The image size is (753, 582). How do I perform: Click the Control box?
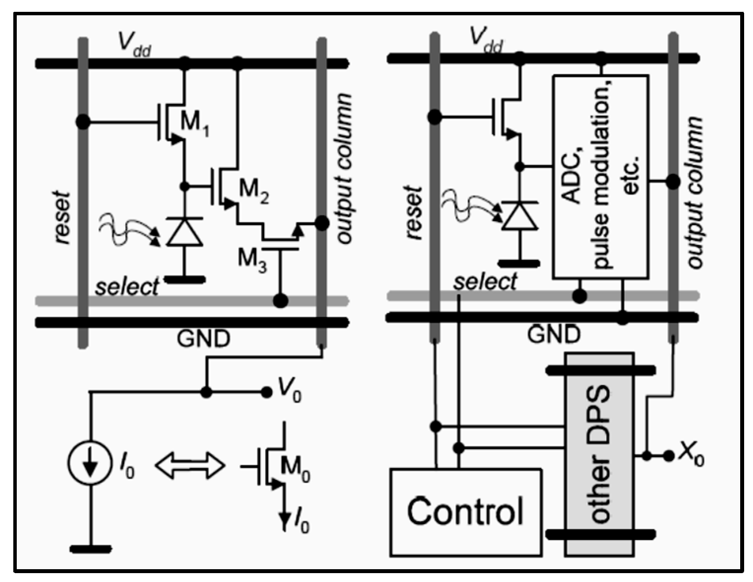tap(465, 512)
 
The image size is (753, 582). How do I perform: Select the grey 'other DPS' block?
tap(599, 454)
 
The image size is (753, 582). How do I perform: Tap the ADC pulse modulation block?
tap(600, 177)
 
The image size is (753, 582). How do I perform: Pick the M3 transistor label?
tap(252, 258)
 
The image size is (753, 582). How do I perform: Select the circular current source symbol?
tap(89, 464)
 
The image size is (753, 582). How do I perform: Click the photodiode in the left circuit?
tap(184, 232)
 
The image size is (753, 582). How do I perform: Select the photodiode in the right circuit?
tap(519, 216)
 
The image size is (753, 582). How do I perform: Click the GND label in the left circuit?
tap(203, 339)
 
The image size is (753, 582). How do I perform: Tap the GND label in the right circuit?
tap(553, 335)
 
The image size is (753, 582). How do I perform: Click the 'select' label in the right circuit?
tap(485, 282)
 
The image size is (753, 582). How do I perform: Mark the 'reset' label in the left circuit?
tap(63, 217)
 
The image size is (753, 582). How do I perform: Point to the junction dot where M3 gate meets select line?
tap(280, 300)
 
